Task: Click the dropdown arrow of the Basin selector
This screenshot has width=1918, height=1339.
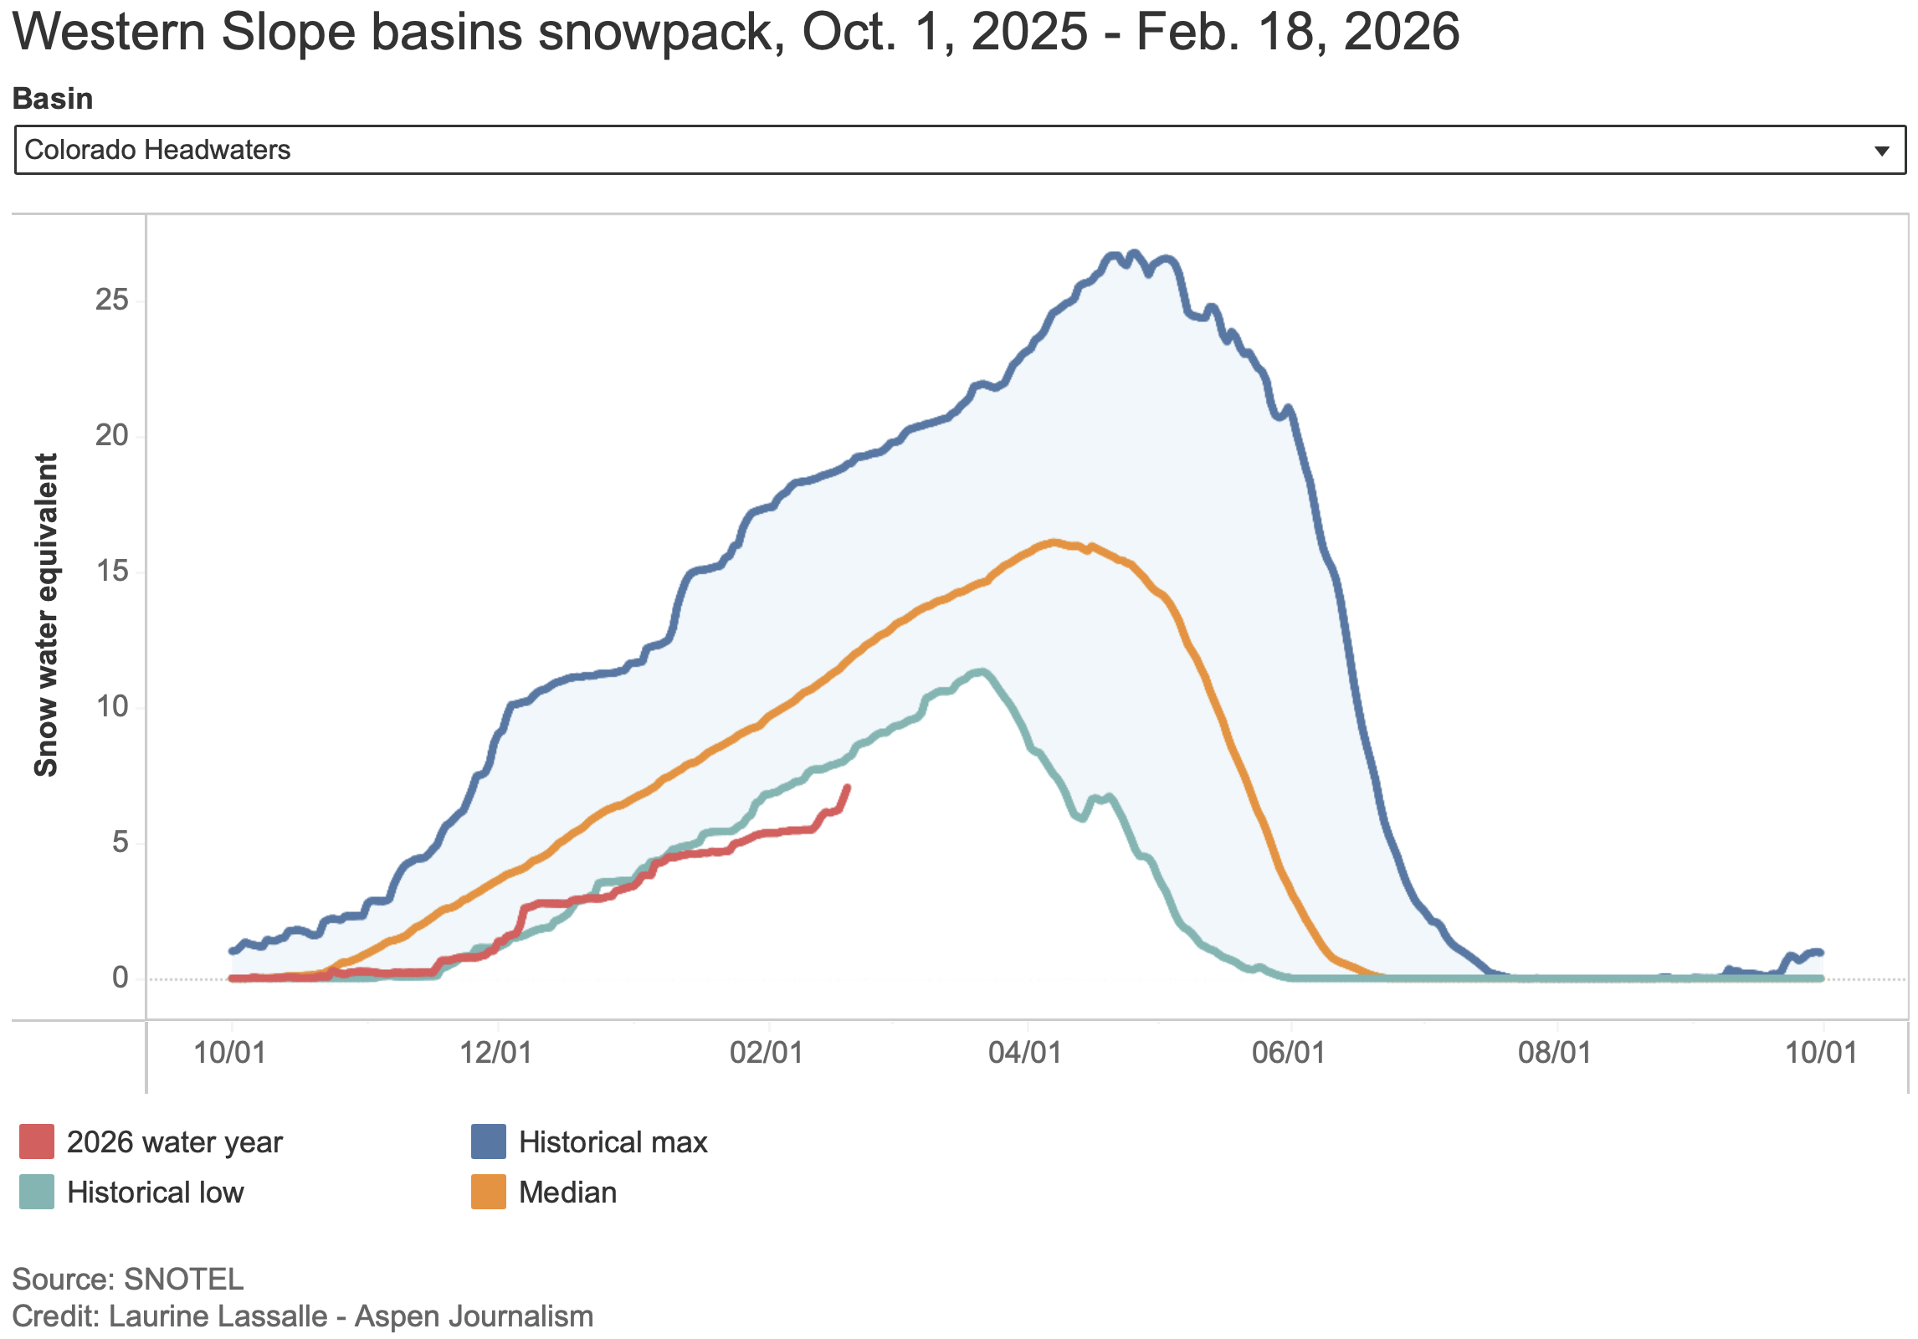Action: click(x=1882, y=151)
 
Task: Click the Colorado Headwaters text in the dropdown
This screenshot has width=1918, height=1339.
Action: click(x=157, y=150)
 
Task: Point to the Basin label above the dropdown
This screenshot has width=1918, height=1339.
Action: click(x=52, y=99)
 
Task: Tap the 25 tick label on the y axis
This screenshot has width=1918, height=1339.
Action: click(x=112, y=300)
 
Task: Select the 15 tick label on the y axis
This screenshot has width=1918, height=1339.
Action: click(x=112, y=571)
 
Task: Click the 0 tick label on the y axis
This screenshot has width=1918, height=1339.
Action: click(x=121, y=977)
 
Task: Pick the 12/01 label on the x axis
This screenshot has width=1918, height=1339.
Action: click(x=495, y=1052)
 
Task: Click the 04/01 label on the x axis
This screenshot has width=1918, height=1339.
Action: click(x=1024, y=1052)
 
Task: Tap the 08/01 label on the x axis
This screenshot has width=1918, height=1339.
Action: click(x=1554, y=1052)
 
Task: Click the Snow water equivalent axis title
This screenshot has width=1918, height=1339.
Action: click(x=45, y=615)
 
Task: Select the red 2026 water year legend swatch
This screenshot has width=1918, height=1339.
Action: click(x=37, y=1141)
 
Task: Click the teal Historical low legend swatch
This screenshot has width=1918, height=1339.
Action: click(x=37, y=1192)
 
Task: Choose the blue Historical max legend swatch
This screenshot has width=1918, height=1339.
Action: click(x=489, y=1141)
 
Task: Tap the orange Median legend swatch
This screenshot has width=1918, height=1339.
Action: click(x=489, y=1192)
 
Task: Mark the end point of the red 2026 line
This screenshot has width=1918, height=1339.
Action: click(x=847, y=787)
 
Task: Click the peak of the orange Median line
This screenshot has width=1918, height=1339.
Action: click(x=1053, y=542)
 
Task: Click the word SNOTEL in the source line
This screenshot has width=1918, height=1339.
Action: click(x=183, y=1279)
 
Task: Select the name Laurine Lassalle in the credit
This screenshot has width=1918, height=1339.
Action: click(x=218, y=1316)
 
